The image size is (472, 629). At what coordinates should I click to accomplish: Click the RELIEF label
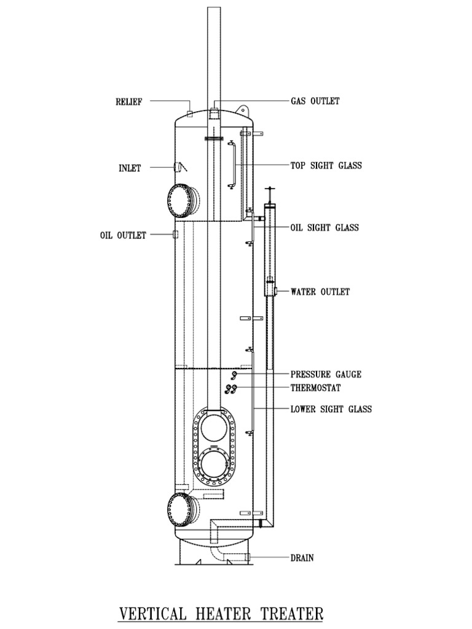point(129,102)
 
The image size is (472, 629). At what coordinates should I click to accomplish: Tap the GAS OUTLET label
point(315,101)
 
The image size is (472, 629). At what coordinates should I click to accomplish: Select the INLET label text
point(130,168)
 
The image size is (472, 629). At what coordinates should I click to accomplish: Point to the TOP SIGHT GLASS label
point(326,165)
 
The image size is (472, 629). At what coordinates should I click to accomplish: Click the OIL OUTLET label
point(123,235)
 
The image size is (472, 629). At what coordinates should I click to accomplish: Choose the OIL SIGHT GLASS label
point(324,227)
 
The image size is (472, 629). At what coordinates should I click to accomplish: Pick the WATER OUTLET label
point(320,292)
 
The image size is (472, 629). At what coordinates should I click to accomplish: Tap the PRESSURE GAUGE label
point(326,374)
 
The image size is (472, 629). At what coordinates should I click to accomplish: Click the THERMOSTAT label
point(315,388)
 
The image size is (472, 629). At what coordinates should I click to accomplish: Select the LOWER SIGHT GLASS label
point(331,409)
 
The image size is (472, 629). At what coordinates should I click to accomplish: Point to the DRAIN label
point(302,558)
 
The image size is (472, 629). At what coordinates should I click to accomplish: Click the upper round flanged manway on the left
point(182,200)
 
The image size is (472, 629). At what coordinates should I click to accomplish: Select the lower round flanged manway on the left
point(182,509)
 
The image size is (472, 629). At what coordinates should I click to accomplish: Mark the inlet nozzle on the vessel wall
point(179,167)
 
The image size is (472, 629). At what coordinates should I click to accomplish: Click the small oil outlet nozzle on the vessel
point(176,235)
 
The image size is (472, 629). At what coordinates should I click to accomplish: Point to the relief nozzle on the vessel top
point(190,113)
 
